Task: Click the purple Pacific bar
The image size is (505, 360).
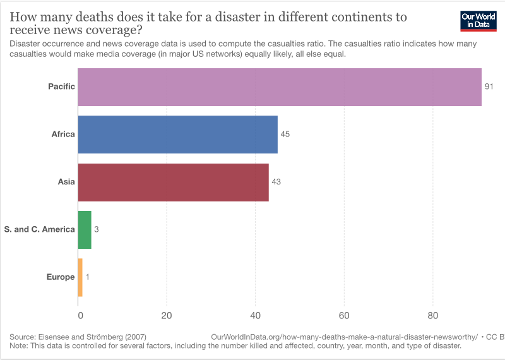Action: [x=279, y=87]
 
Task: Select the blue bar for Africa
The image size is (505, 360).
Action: [x=177, y=134]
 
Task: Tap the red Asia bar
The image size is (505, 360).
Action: [x=173, y=182]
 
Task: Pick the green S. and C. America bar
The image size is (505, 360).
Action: [x=85, y=229]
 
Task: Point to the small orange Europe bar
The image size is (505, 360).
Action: [x=80, y=277]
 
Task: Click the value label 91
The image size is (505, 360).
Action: [x=489, y=87]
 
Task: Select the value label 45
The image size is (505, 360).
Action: [x=285, y=134]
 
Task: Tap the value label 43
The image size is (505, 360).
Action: [x=276, y=182]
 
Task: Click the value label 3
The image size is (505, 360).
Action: [x=97, y=229]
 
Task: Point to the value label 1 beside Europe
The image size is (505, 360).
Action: [x=87, y=277]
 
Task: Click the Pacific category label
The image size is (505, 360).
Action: [x=61, y=87]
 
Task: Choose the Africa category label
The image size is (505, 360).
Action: [x=63, y=134]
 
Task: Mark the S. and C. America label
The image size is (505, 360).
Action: [x=39, y=229]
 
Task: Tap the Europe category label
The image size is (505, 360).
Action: [x=61, y=277]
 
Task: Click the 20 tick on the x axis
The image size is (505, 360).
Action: [x=167, y=315]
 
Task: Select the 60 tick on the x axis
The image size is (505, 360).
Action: [x=344, y=315]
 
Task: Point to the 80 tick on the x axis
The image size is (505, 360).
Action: [x=433, y=315]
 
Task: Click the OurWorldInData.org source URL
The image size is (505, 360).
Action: [x=344, y=337]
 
